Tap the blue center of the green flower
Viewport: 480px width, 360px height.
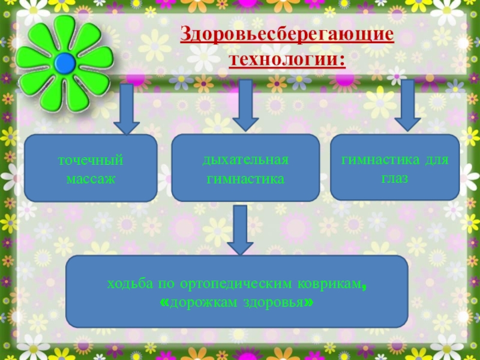(x=65, y=62)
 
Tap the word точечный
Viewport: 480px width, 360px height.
(x=91, y=161)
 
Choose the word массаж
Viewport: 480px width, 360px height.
(x=91, y=179)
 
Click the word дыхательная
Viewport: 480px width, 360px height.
(x=245, y=161)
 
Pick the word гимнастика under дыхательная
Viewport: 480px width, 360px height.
(x=245, y=179)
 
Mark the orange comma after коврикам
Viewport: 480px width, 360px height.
(x=365, y=287)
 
